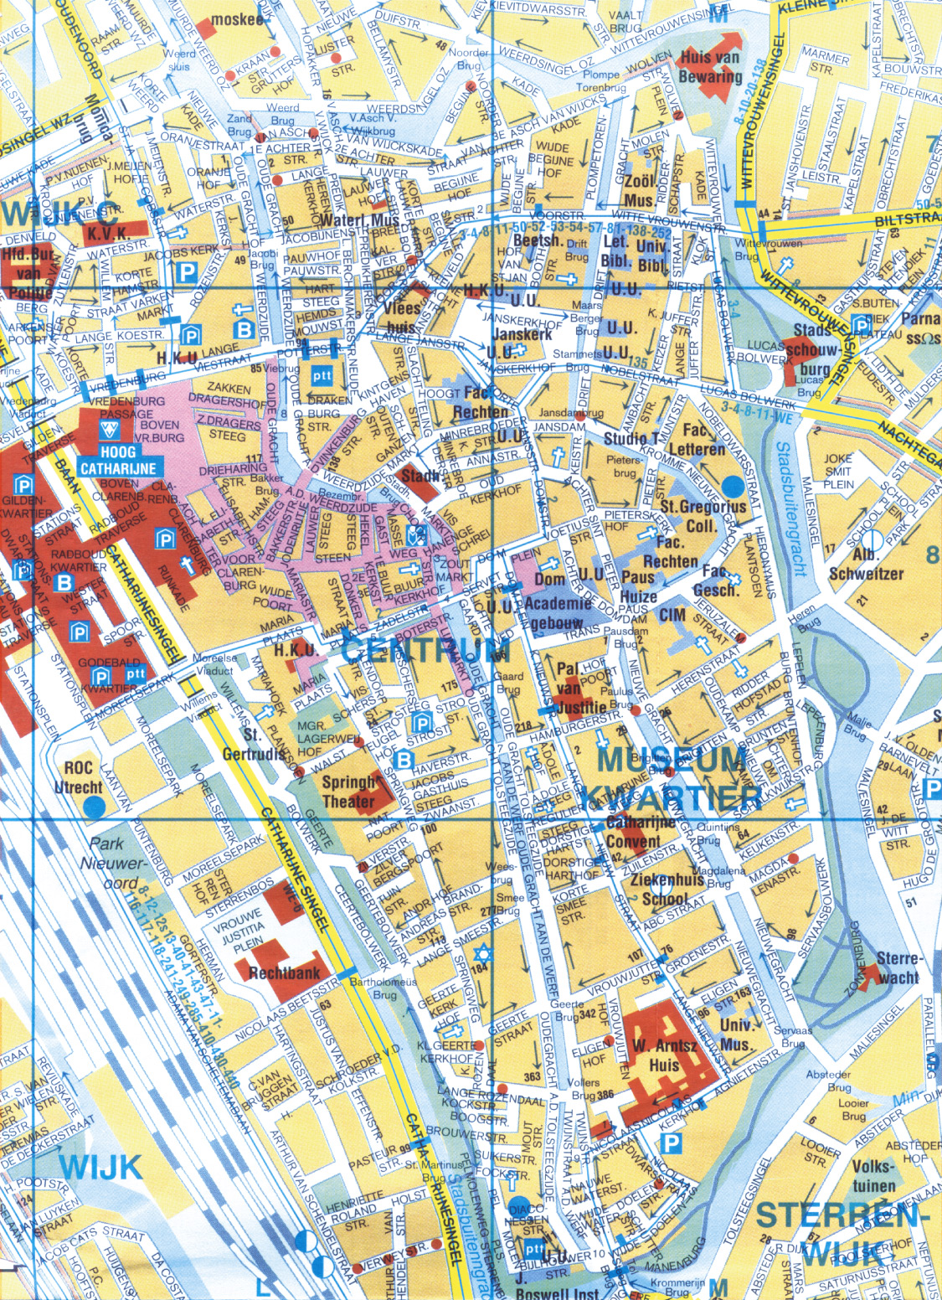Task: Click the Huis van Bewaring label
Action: pyautogui.click(x=710, y=68)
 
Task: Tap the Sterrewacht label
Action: pyautogui.click(x=898, y=967)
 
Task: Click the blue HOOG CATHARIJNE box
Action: pyautogui.click(x=118, y=461)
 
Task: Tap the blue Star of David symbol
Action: pyautogui.click(x=481, y=953)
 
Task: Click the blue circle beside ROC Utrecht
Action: pyautogui.click(x=95, y=807)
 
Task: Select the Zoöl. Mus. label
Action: pyautogui.click(x=639, y=191)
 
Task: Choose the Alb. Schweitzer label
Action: pyautogui.click(x=866, y=565)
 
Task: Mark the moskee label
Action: pyautogui.click(x=237, y=18)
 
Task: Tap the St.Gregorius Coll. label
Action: pyautogui.click(x=703, y=516)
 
